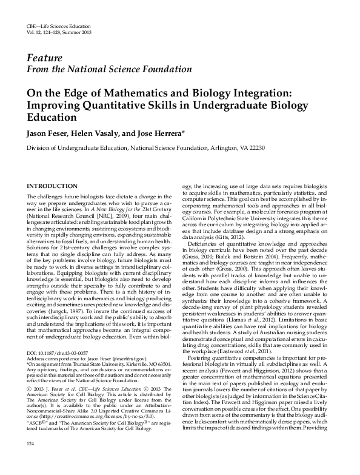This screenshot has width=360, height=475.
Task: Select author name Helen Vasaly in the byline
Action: coord(90,133)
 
